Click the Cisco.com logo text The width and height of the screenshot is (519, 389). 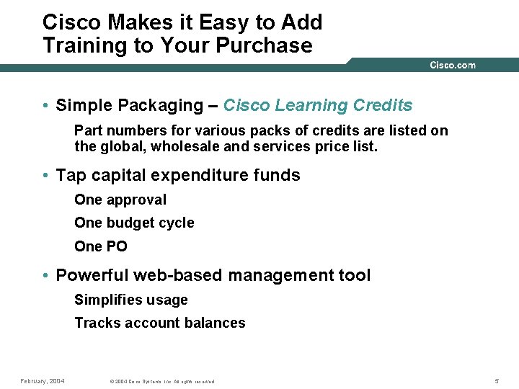coord(452,65)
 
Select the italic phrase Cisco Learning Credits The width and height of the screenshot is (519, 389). coord(318,105)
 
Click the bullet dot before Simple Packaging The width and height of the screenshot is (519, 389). coord(45,106)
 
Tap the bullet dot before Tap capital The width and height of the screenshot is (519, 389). coord(45,176)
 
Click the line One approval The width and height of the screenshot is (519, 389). coord(120,200)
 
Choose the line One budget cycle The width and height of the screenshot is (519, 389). coord(134,223)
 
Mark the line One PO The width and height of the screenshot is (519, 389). coord(101,246)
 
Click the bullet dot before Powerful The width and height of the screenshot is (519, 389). coord(45,276)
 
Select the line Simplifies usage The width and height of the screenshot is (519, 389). coord(131,300)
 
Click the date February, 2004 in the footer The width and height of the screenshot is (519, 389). coord(43,380)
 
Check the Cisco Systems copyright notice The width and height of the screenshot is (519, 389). coord(162,381)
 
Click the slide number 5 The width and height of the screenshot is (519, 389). coord(497,380)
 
